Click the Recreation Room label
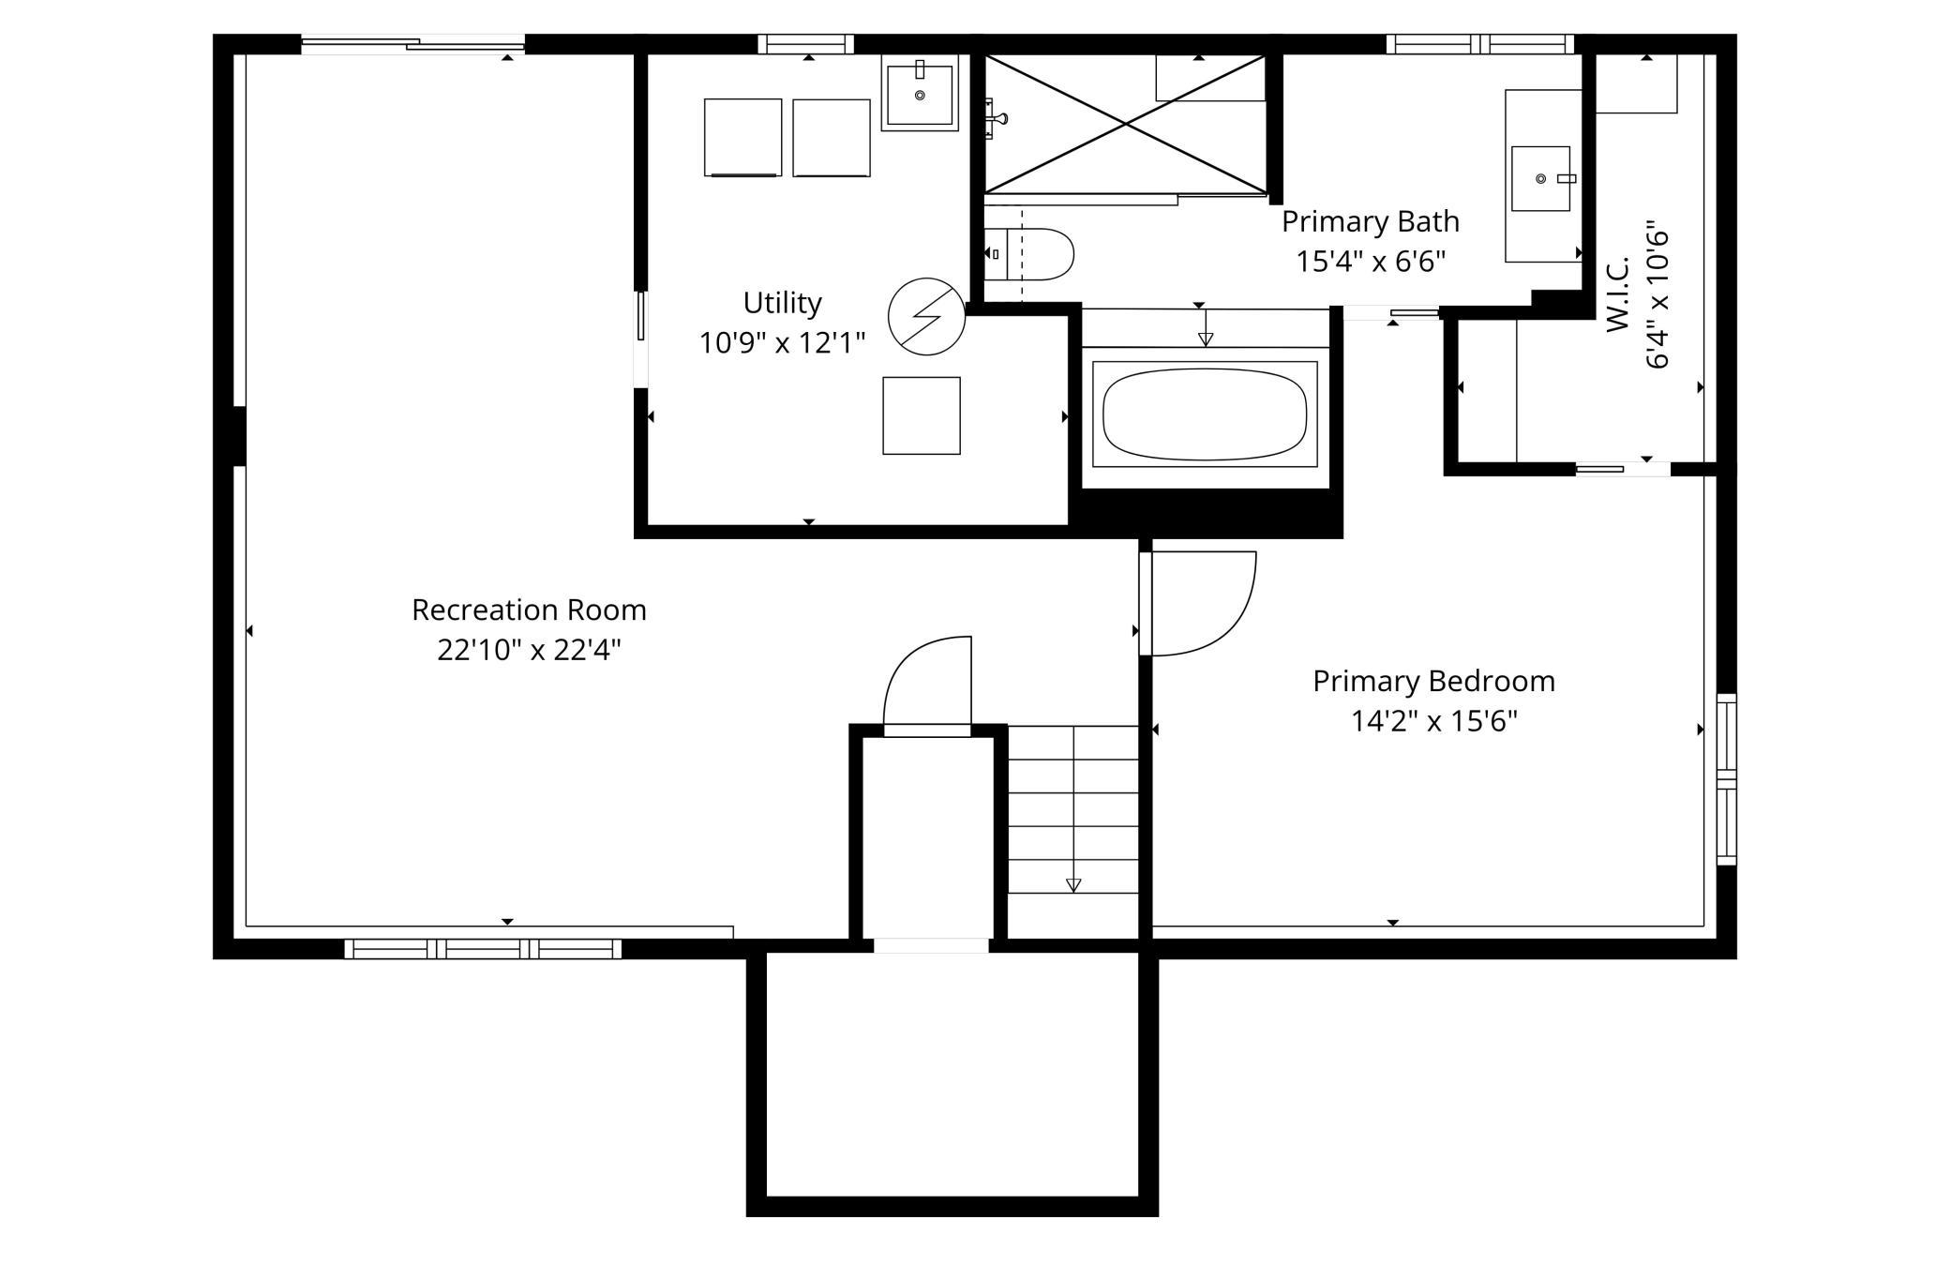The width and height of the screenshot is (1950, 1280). (x=529, y=610)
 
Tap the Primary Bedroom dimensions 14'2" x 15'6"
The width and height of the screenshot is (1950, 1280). (x=1433, y=721)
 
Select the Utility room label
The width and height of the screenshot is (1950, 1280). (x=782, y=303)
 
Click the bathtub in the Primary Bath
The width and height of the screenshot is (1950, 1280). (x=1205, y=414)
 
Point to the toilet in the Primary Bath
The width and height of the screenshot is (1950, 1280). (x=1028, y=254)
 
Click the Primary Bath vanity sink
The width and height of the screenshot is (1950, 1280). (x=1540, y=178)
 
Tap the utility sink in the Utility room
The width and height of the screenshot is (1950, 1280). (x=920, y=93)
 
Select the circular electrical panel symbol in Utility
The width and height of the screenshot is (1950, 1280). (x=926, y=316)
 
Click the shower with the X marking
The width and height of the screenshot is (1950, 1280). (x=1125, y=124)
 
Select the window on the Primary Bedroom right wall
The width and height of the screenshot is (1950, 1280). (x=1726, y=779)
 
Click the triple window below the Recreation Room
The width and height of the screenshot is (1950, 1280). (x=483, y=949)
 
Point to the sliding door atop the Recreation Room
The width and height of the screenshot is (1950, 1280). (x=412, y=43)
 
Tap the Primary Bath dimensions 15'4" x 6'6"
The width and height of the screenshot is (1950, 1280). (x=1371, y=261)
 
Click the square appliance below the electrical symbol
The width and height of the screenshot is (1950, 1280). (x=922, y=415)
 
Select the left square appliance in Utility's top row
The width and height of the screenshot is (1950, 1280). (x=743, y=137)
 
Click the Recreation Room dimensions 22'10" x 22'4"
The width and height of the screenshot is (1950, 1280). (x=529, y=650)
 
